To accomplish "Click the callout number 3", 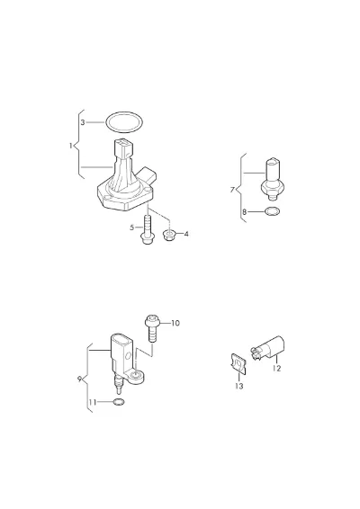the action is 83,122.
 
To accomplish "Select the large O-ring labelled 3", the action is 124,112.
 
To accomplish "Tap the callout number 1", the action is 70,146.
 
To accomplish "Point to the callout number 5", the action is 132,228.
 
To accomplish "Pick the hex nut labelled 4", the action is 169,235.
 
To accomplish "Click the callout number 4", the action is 186,234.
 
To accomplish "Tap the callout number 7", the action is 232,189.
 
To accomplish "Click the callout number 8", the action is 244,212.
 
